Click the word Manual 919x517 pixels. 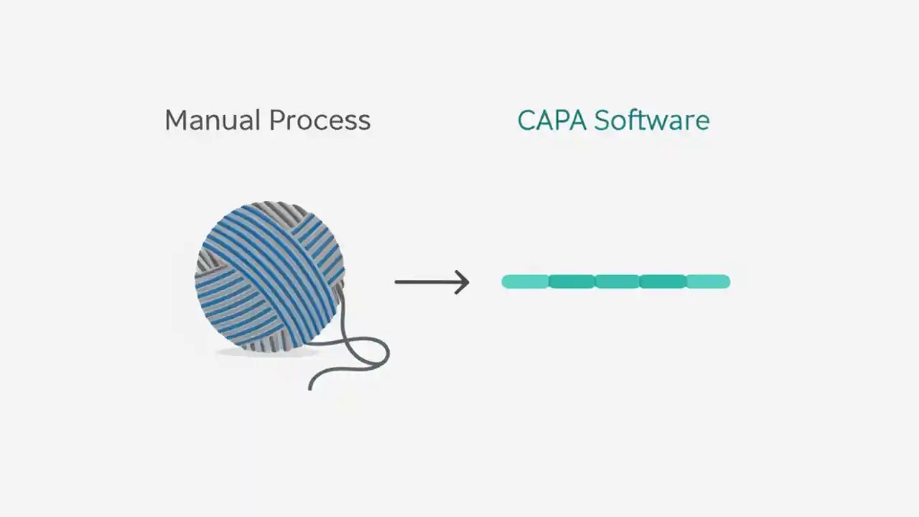coord(213,120)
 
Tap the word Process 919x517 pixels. coord(319,120)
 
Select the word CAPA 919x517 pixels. coord(551,120)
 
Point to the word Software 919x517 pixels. coord(651,120)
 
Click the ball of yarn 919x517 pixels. coord(269,276)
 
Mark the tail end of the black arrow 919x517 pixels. coord(397,281)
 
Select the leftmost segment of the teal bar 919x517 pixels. coord(525,281)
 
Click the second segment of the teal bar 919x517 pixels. coord(572,281)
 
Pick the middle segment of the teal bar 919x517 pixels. coord(617,281)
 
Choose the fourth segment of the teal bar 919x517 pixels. coord(662,281)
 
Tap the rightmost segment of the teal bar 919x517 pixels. coord(708,281)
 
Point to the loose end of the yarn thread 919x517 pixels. coord(310,388)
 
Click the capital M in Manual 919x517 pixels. coord(176,120)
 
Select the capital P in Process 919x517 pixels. coord(275,120)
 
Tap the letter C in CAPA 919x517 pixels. coord(527,120)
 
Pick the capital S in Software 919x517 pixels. coord(601,120)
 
